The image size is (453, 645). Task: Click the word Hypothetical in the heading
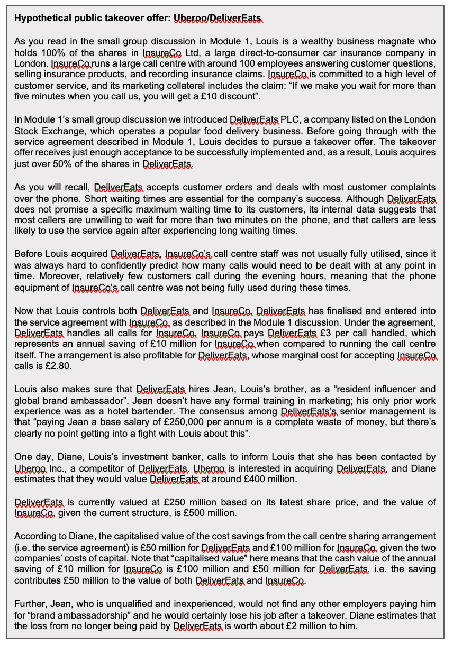[42, 19]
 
